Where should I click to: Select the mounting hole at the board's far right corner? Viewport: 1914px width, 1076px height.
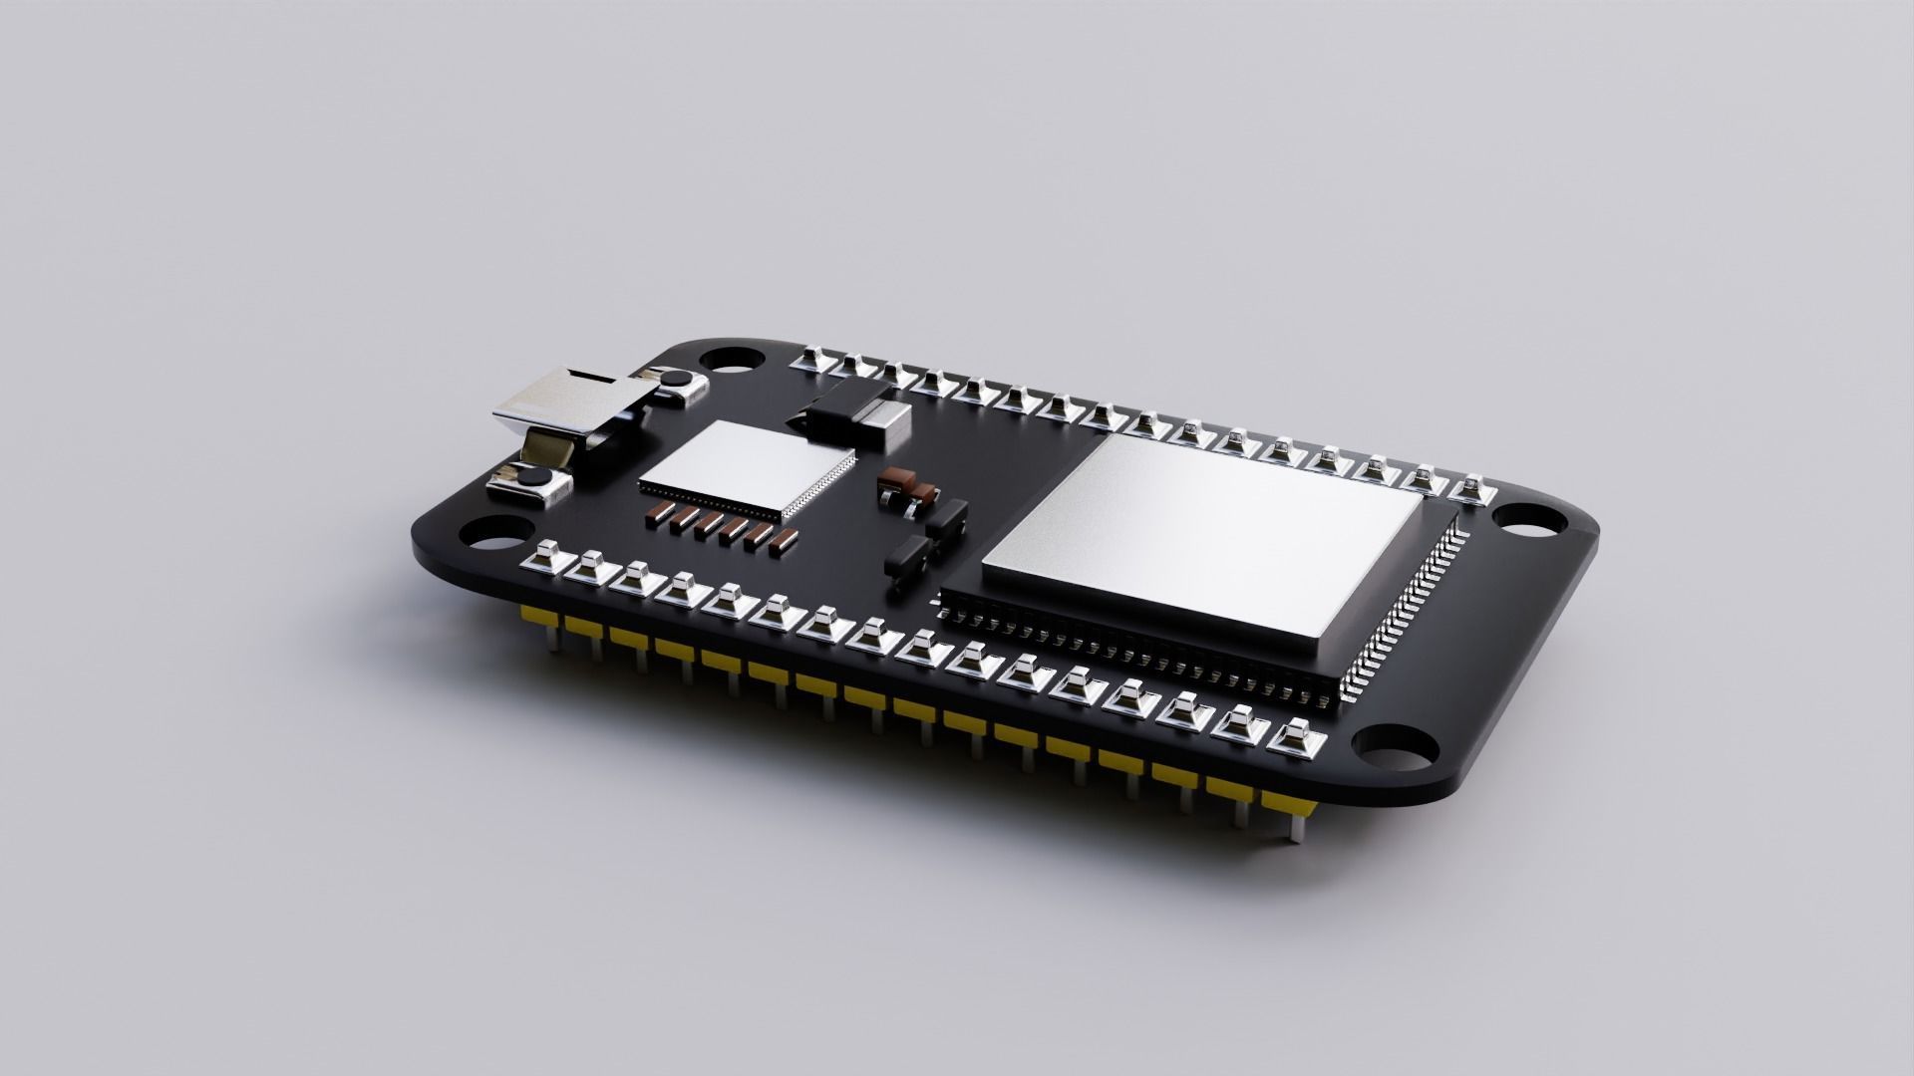click(x=1528, y=518)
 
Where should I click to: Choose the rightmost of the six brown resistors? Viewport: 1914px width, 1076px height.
click(x=786, y=540)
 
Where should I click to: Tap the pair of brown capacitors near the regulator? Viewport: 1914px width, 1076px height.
click(x=906, y=487)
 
